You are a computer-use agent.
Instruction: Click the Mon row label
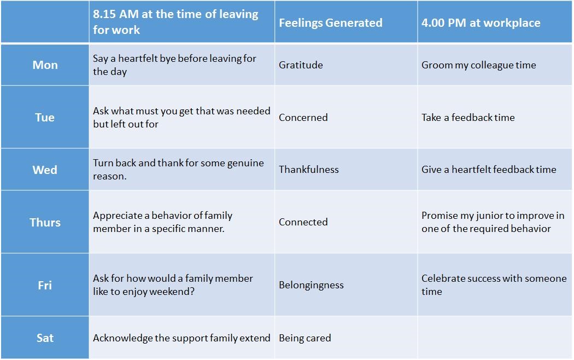tap(45, 65)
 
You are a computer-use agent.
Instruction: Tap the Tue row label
tap(45, 117)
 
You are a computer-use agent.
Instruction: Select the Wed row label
tap(45, 170)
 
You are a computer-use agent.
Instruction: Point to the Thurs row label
tap(45, 222)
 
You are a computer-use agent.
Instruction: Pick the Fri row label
tap(45, 285)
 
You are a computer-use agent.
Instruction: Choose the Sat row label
tap(45, 338)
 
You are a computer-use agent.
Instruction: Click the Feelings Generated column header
tap(331, 23)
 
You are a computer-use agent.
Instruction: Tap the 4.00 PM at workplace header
tap(481, 23)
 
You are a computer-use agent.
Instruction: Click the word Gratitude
tap(301, 65)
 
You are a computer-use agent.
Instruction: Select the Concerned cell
tap(303, 117)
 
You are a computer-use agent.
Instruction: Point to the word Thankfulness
tap(309, 169)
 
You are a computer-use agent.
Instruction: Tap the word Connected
tap(303, 222)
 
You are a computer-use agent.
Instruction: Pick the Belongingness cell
tap(311, 285)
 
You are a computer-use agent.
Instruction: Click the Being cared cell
tap(305, 338)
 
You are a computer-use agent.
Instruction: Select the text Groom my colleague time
tap(478, 65)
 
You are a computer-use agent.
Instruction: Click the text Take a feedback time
tap(468, 117)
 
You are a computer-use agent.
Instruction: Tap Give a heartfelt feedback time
tap(489, 169)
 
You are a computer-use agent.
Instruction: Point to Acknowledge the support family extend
tap(181, 338)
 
